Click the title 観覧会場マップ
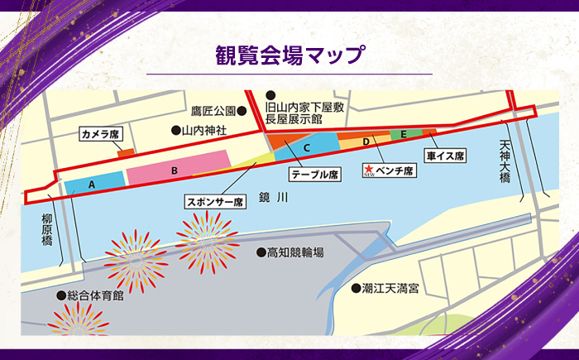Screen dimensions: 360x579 (x=289, y=56)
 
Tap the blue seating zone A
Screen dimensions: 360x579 (x=93, y=182)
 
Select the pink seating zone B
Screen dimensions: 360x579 (x=175, y=169)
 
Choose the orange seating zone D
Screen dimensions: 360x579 (x=365, y=142)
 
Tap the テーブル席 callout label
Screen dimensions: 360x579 (x=314, y=175)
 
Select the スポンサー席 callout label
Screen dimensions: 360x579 (x=214, y=201)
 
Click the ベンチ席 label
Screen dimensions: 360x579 (x=394, y=170)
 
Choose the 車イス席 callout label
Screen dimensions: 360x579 (x=446, y=155)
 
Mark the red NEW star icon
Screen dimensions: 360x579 (x=368, y=169)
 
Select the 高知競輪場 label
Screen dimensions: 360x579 (x=285, y=252)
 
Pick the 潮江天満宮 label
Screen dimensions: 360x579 (x=386, y=289)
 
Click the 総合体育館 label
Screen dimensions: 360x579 (x=90, y=295)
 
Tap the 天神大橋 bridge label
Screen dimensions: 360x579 (x=505, y=166)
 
